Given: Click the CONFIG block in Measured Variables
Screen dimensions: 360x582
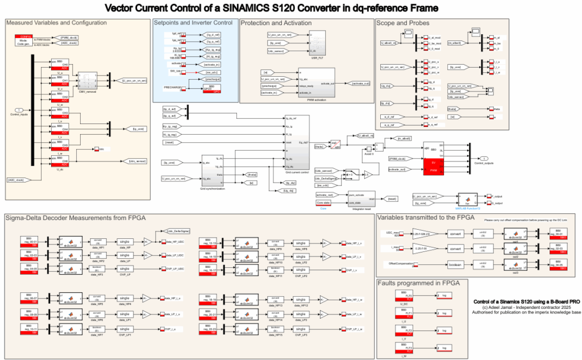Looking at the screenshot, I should pyautogui.click(x=23, y=39).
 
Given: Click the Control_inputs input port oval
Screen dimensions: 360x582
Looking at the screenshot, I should pyautogui.click(x=19, y=110).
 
